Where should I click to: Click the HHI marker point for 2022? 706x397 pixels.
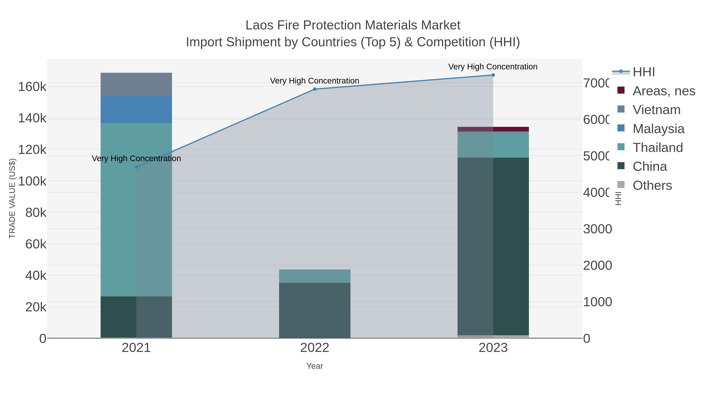315,89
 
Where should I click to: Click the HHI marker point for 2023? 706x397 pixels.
493,75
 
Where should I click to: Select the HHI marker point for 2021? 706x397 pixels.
136,167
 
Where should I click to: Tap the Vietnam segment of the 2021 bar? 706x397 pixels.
136,84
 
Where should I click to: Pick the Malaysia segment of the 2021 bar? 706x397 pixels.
136,110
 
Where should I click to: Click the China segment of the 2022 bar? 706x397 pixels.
315,310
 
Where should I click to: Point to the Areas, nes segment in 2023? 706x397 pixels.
493,129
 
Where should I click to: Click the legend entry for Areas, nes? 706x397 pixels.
663,91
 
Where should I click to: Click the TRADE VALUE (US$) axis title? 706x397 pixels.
12,198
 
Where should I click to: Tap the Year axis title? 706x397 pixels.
315,366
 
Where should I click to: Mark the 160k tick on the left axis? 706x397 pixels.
32,87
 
